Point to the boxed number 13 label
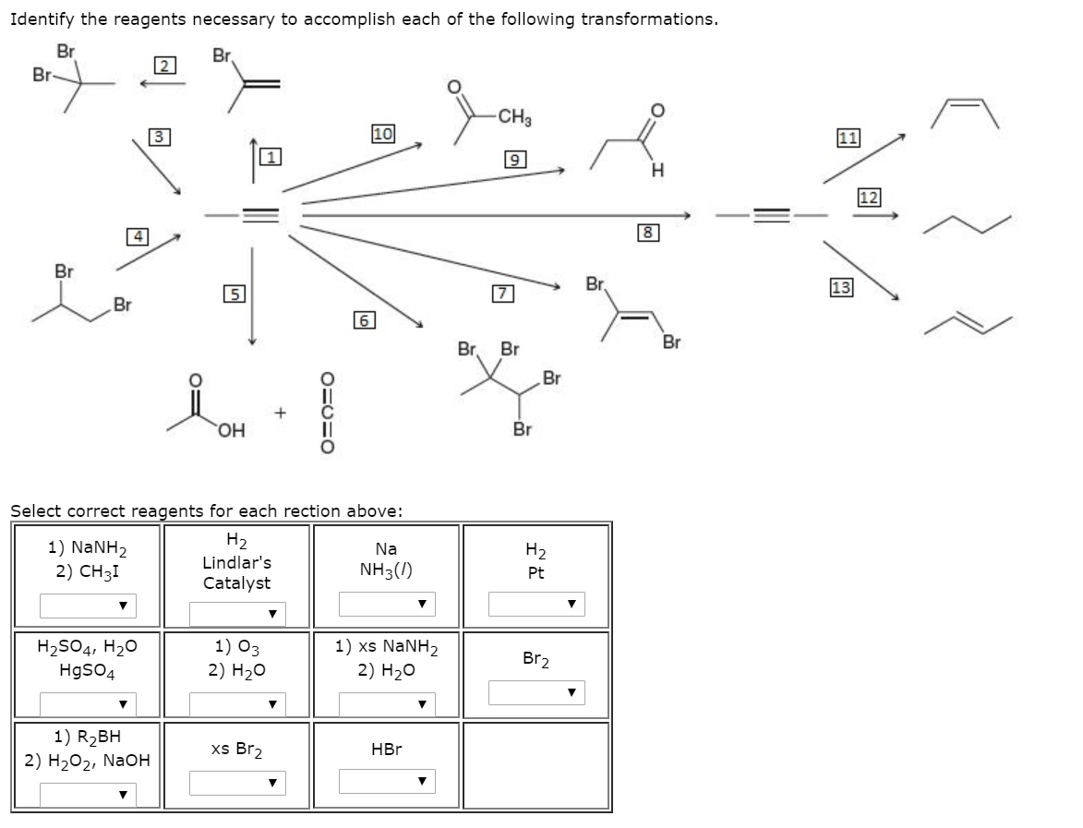(842, 286)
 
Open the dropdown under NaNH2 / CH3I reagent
(88, 606)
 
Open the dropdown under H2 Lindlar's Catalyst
(237, 613)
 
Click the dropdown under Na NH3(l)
(387, 605)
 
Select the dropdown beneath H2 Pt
(536, 605)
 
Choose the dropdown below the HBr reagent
(387, 782)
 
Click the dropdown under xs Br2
(237, 783)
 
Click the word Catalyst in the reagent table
(237, 583)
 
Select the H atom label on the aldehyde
(656, 170)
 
